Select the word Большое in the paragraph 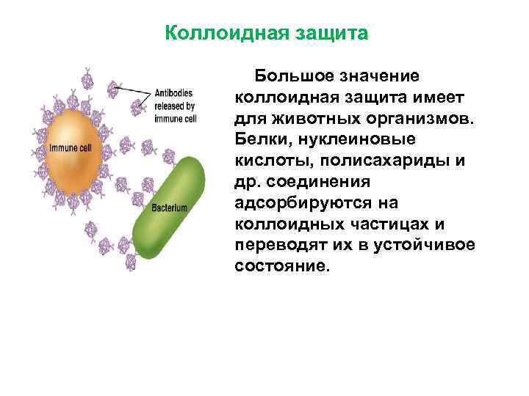click(289, 76)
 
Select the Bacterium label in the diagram click(170, 208)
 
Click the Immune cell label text click(70, 149)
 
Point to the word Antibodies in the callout click(174, 93)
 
